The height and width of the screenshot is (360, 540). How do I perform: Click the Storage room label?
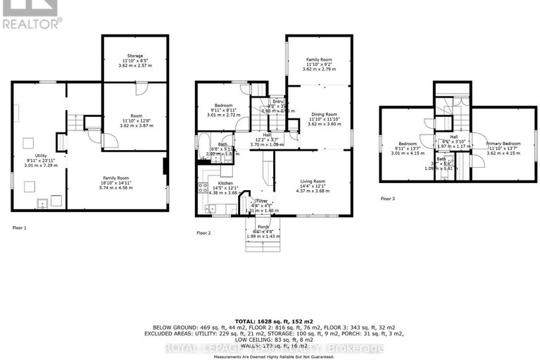click(135, 56)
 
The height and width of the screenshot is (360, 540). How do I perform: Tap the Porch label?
click(263, 227)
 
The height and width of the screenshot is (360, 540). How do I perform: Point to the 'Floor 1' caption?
click(21, 228)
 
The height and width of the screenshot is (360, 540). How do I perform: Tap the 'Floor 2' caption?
click(205, 232)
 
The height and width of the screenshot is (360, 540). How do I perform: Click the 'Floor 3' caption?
click(388, 199)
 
